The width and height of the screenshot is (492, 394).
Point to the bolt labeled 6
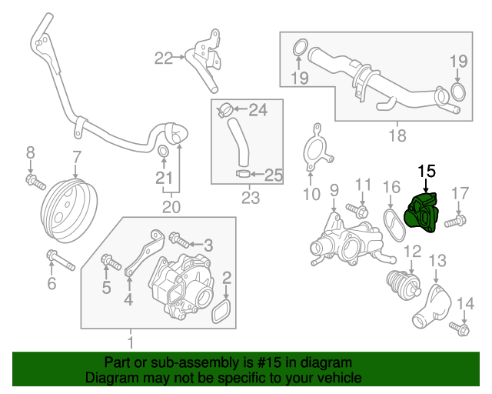tap(59, 259)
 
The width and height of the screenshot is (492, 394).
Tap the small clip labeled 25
tap(243, 174)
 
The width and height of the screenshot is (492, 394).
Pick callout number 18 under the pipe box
tap(397, 137)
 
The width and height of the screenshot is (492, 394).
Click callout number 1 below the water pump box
tap(130, 341)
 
